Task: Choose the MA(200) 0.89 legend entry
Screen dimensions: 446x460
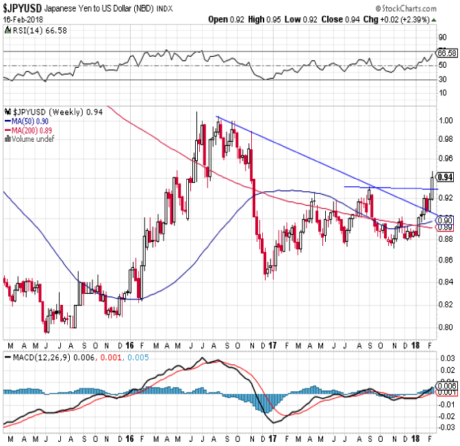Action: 27,130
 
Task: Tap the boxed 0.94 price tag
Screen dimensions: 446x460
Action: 445,177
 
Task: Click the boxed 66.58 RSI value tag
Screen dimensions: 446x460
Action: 446,52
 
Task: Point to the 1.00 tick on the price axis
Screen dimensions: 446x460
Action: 446,120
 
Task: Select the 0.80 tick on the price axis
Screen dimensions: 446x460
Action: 446,327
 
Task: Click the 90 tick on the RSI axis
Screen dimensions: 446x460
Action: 443,39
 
